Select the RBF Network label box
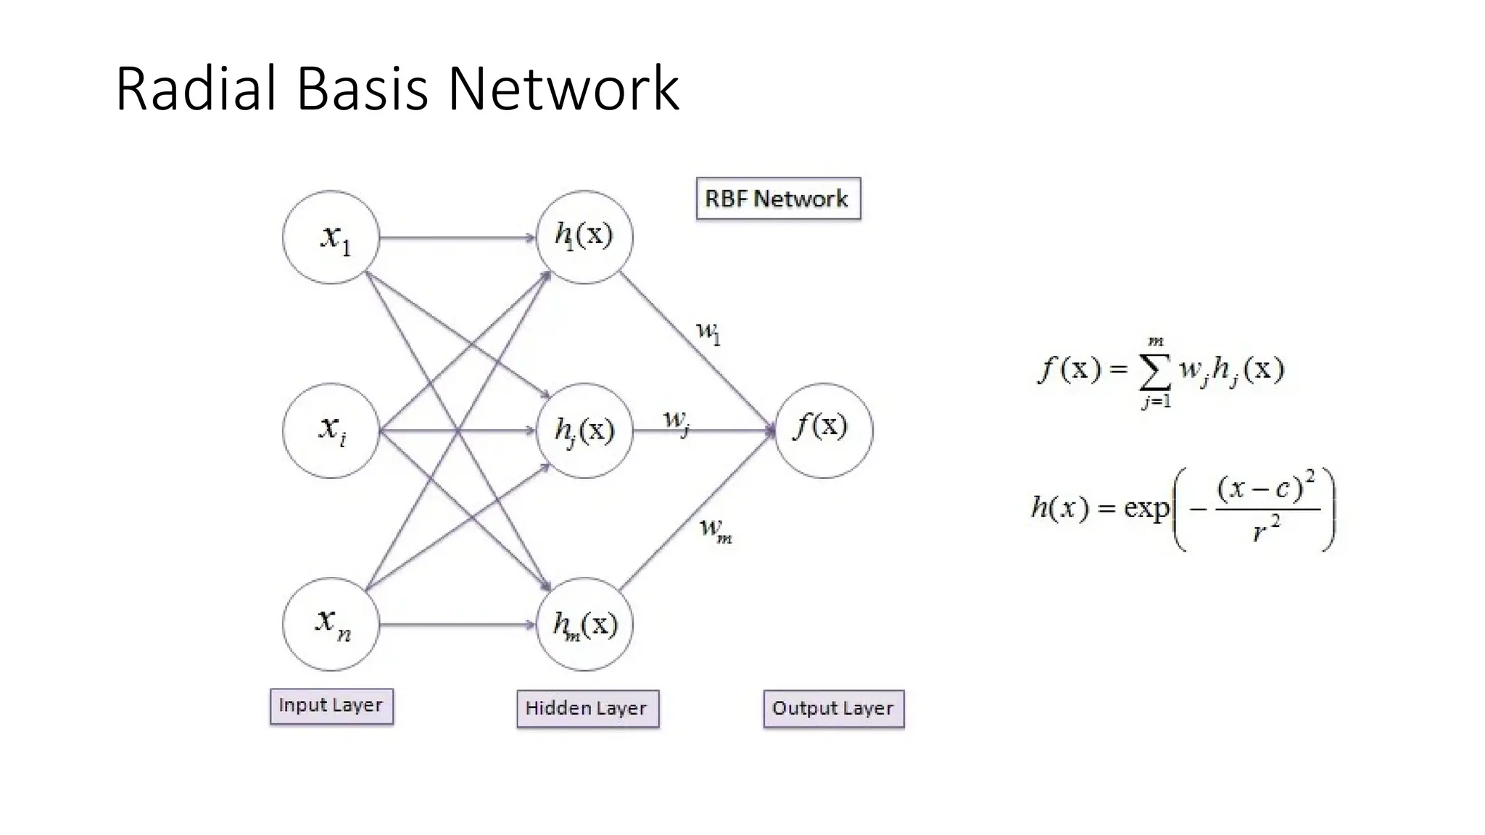778,199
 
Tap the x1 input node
331,238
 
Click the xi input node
331,431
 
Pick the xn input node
331,624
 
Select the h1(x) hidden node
584,238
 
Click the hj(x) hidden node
584,431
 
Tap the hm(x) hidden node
584,624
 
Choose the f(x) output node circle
824,431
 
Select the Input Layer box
331,706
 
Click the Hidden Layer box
587,708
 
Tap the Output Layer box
834,708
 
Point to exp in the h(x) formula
1146,507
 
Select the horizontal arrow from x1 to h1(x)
457,238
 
